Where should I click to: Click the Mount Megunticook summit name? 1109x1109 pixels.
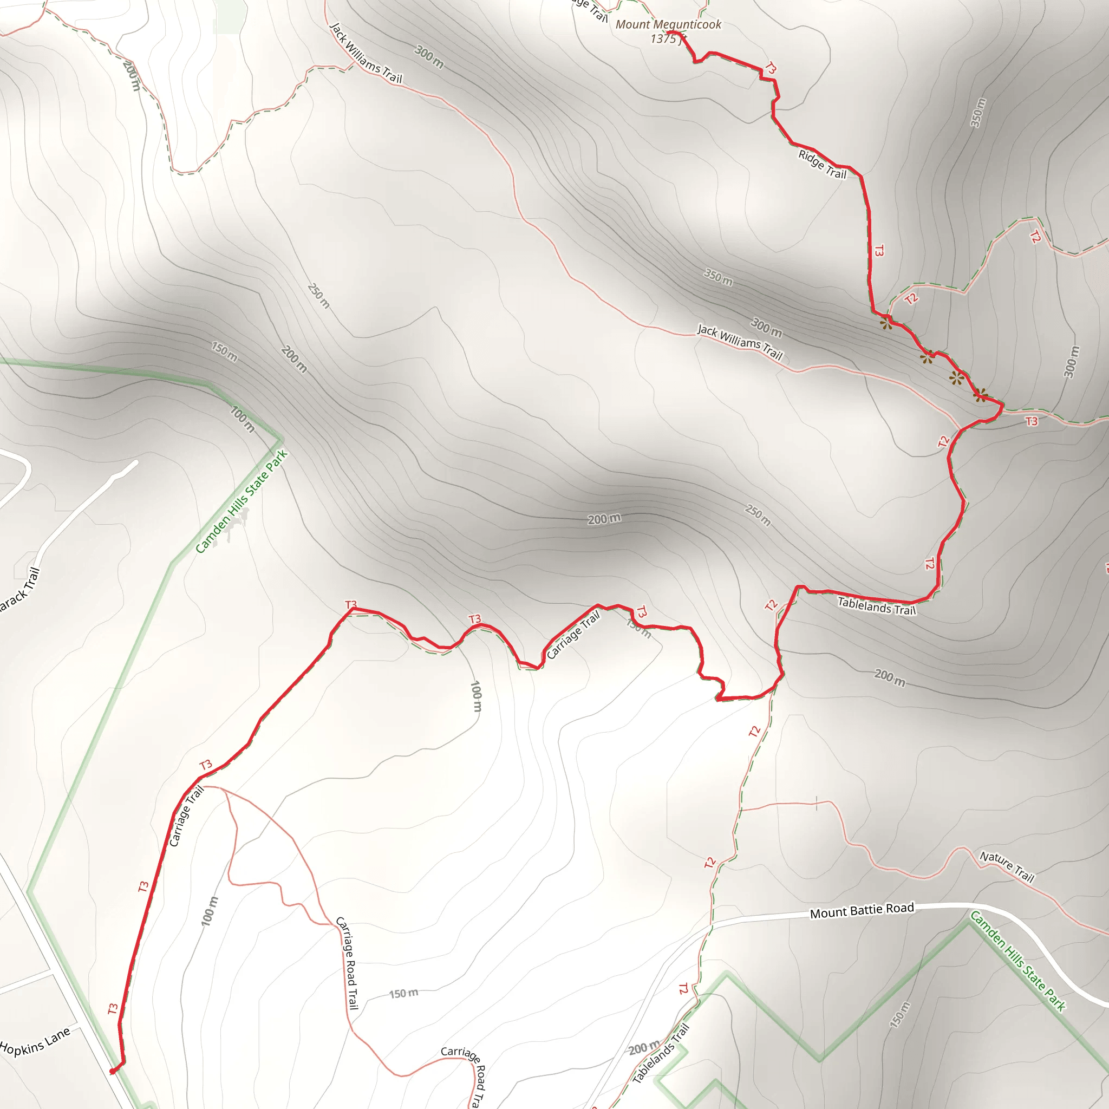[x=668, y=25]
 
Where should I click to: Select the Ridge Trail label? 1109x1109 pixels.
[x=822, y=164]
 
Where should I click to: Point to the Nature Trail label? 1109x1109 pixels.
[x=1007, y=866]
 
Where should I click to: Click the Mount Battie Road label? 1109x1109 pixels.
[x=862, y=911]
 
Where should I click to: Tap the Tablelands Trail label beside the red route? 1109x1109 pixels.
[x=877, y=605]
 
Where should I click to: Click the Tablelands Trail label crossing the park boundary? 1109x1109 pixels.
[x=660, y=1053]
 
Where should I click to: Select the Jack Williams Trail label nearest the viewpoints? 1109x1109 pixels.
[x=740, y=342]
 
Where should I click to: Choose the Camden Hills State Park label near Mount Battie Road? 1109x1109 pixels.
[x=1017, y=961]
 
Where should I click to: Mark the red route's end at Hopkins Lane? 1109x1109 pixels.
[x=112, y=1071]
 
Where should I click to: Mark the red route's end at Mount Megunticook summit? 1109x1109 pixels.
[x=669, y=32]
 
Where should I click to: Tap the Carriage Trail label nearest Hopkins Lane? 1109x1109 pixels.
[x=187, y=816]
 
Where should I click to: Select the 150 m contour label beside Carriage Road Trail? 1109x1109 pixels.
[x=403, y=993]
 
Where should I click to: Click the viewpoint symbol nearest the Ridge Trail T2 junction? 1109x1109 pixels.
[x=886, y=324]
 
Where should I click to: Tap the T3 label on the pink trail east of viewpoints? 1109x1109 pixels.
[x=1032, y=421]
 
